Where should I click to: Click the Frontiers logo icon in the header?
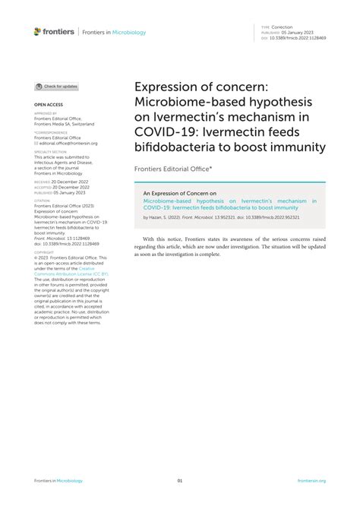pyautogui.click(x=37, y=31)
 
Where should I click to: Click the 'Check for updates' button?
pyautogui.click(x=57, y=87)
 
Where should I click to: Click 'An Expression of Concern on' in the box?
pyautogui.click(x=180, y=194)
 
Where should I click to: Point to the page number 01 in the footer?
pyautogui.click(x=180, y=481)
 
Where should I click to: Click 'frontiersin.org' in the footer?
pyautogui.click(x=311, y=481)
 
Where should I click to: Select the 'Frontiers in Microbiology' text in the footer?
pyautogui.click(x=58, y=481)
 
